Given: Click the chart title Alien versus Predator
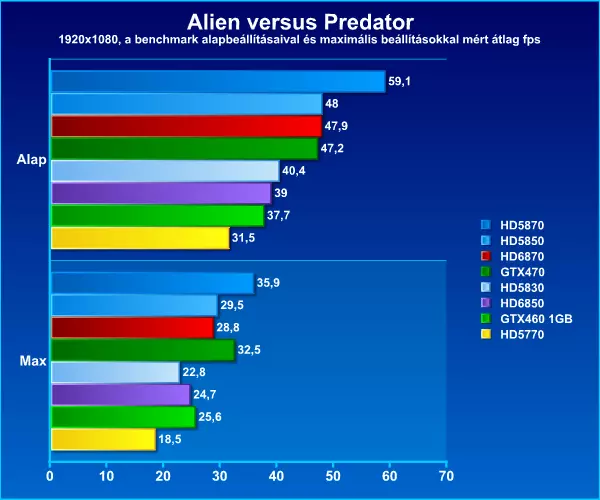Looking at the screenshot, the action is pos(300,22).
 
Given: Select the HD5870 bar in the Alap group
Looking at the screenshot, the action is pos(218,81).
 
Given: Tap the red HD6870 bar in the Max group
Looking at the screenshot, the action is pos(132,327).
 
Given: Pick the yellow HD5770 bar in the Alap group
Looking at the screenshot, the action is pos(140,238).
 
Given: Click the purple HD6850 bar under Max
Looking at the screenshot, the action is pos(121,395).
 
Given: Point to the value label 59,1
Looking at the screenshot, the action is pos(399,81).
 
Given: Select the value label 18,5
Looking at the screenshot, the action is pos(170,439).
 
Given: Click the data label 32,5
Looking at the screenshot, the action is pos(249,350).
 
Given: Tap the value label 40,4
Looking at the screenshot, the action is pos(293,171).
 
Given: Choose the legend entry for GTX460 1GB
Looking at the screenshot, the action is pos(527,319).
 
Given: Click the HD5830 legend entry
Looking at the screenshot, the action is pos(512,288).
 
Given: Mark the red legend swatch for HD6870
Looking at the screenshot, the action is pos(486,256).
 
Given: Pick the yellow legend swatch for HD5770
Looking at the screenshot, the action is pos(486,334).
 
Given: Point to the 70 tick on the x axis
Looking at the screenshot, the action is pos(446,476).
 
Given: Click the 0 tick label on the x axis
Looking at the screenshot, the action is pos(50,476).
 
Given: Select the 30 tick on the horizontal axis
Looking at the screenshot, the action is pos(220,476).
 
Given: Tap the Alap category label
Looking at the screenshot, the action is pos(31,160).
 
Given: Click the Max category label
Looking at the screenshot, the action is pos(33,361).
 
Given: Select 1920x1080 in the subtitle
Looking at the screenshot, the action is pos(88,39).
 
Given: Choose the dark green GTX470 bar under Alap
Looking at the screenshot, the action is pos(185,148).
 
